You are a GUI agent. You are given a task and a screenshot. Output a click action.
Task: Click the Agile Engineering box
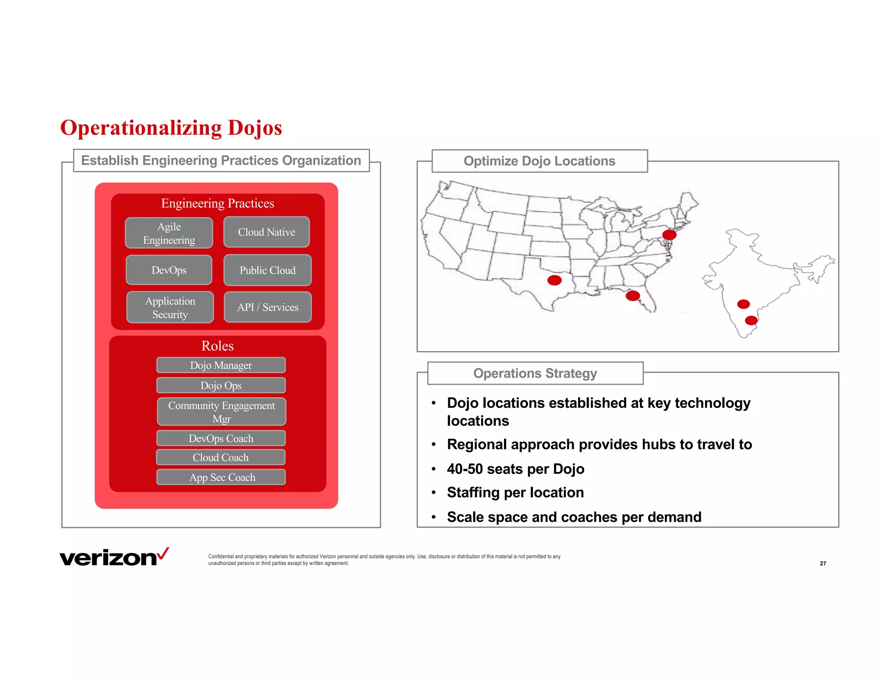coord(169,233)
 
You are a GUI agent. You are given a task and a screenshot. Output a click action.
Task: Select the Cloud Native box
coord(266,232)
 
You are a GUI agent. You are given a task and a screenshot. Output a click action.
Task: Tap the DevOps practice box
coord(169,270)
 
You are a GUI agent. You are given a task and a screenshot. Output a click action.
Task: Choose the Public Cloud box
coord(267,270)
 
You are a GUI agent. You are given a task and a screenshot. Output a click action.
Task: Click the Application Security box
coord(170,307)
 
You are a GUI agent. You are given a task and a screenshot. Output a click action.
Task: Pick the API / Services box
coord(268,307)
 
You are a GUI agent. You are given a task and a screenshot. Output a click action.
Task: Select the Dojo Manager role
coord(221,365)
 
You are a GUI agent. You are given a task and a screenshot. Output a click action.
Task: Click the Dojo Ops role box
coord(221,385)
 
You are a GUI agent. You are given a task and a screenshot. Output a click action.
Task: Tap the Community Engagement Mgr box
coord(221,412)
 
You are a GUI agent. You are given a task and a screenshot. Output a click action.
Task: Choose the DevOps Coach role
coord(221,438)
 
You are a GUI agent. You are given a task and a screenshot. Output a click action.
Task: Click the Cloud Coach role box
coord(221,457)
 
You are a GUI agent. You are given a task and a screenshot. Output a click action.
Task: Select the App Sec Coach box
coord(221,477)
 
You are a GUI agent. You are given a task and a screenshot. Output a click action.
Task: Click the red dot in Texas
coord(554,280)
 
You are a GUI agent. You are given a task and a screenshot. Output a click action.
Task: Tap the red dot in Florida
coord(632,296)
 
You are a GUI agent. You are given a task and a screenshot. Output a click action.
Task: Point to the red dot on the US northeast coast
coord(669,235)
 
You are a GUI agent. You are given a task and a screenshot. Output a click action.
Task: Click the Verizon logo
coord(114,557)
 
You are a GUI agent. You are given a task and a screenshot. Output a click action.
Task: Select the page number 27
coord(823,563)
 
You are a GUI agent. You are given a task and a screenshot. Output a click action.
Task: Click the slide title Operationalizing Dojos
coord(171,128)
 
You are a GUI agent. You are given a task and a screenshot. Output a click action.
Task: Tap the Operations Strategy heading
coord(535,373)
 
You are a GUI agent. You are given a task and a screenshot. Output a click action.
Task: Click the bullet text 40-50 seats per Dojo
coord(515,469)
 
